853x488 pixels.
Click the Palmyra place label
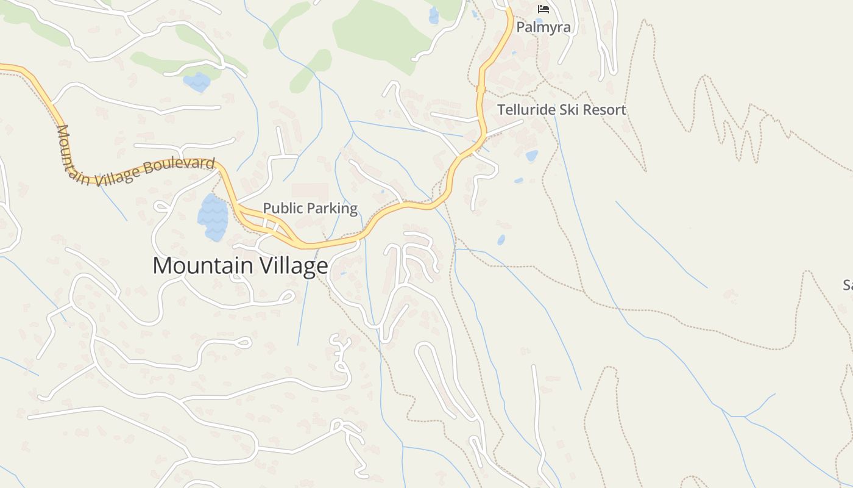pyautogui.click(x=543, y=27)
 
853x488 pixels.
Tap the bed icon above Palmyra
pyautogui.click(x=543, y=9)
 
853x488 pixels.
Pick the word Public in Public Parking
pyautogui.click(x=283, y=208)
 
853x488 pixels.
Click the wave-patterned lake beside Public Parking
pyautogui.click(x=213, y=218)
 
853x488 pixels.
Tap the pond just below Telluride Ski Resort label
pyautogui.click(x=532, y=156)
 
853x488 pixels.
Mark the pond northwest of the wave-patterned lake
pyautogui.click(x=197, y=82)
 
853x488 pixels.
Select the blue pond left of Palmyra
pyautogui.click(x=433, y=15)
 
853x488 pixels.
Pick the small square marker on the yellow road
pyautogui.click(x=481, y=89)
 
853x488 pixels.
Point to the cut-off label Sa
pyautogui.click(x=848, y=285)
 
